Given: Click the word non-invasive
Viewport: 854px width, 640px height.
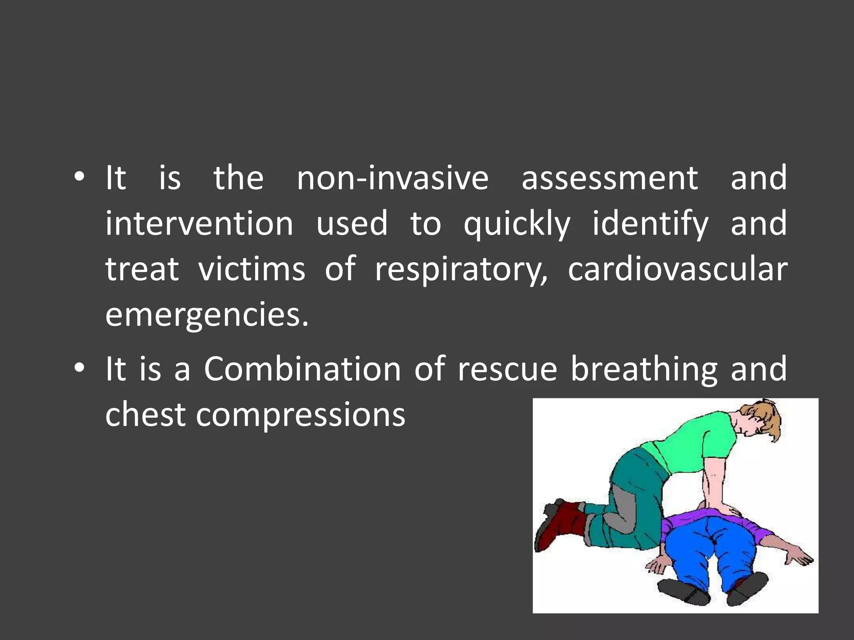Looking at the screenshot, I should tap(392, 178).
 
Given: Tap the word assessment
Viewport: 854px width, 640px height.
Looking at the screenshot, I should tap(609, 178).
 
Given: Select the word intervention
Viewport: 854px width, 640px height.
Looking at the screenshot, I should tap(199, 224).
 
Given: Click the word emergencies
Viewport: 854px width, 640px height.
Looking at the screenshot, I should tap(207, 316).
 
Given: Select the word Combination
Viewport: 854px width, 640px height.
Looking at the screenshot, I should tap(302, 369).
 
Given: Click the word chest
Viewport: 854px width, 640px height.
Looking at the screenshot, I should tap(145, 415).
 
